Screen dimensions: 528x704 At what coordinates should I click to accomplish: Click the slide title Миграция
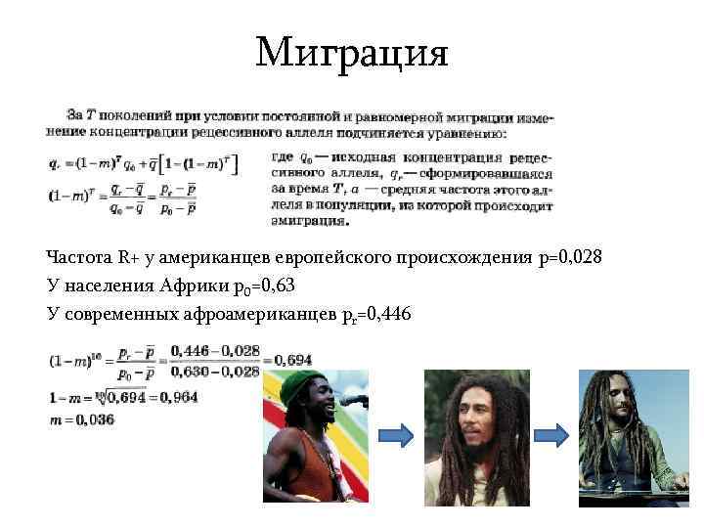tap(352, 51)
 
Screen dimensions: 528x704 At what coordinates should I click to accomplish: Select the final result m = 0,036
tap(81, 418)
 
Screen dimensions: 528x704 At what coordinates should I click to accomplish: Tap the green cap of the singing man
tap(297, 387)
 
